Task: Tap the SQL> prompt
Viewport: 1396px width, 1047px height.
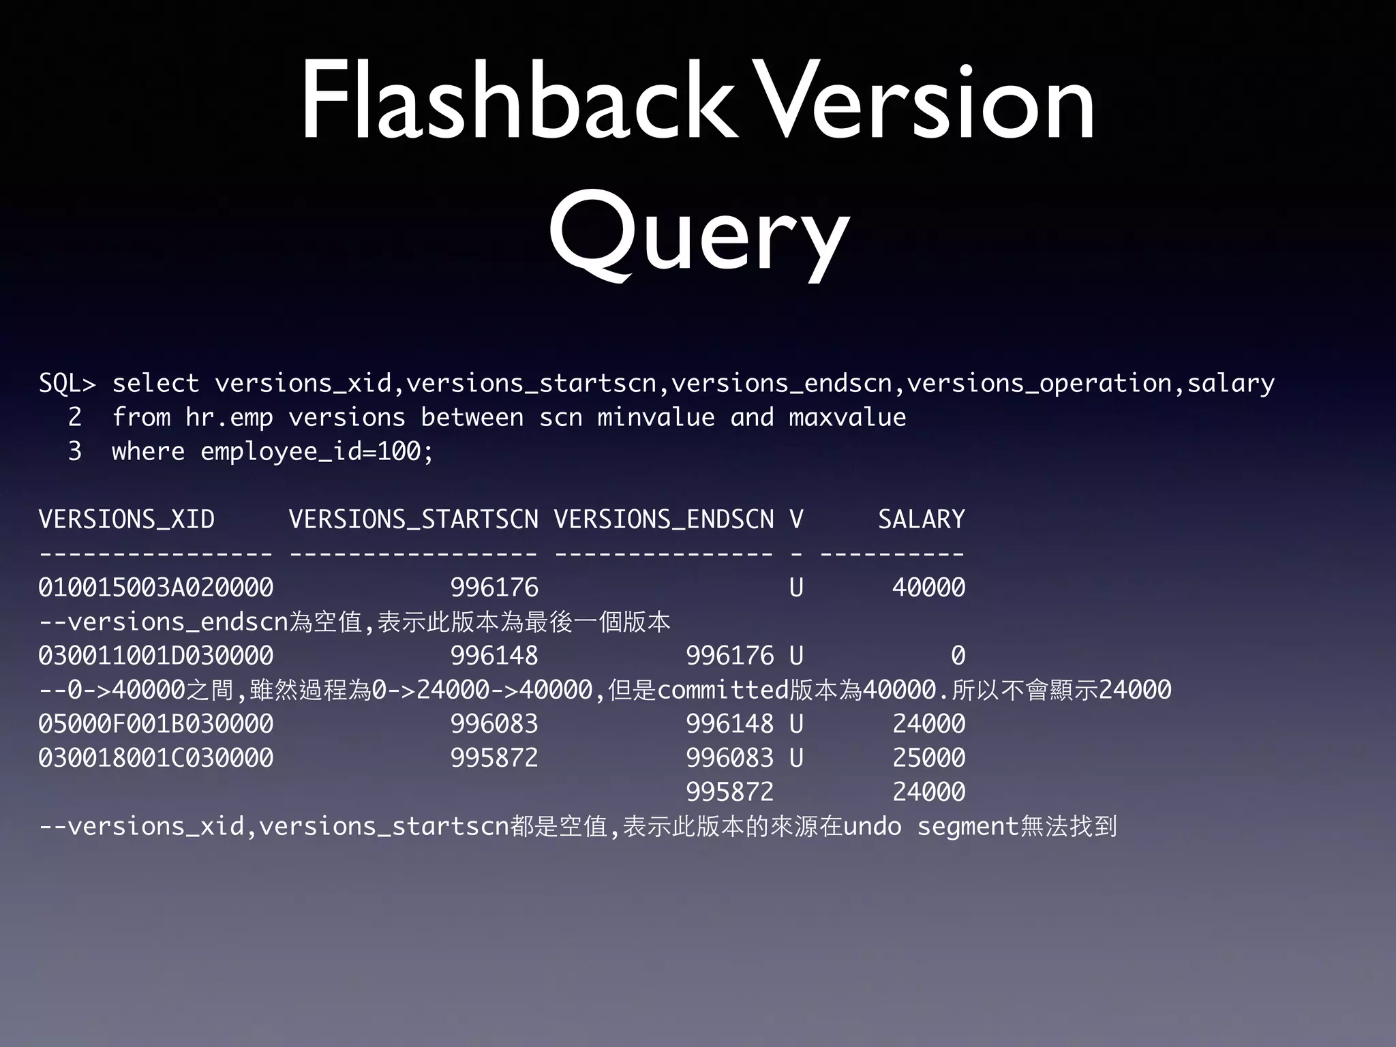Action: click(67, 383)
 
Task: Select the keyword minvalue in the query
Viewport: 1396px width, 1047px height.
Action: click(656, 417)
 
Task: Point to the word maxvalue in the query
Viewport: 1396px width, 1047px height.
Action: click(847, 417)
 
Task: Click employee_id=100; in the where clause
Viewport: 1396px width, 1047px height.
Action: click(317, 451)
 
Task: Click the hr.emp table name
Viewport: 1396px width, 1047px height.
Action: click(229, 417)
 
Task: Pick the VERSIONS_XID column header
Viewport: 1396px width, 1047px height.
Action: click(127, 519)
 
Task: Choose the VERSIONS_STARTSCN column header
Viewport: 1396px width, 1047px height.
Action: click(413, 519)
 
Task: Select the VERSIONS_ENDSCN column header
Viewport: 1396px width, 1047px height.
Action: click(663, 519)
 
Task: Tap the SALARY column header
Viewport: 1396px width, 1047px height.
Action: click(921, 519)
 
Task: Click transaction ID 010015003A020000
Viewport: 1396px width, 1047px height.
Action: click(155, 588)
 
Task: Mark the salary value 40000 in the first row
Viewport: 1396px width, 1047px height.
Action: click(928, 588)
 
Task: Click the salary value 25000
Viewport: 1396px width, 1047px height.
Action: click(928, 758)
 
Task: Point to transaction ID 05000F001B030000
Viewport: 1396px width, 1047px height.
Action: click(155, 724)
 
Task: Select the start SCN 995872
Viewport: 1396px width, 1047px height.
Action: click(494, 758)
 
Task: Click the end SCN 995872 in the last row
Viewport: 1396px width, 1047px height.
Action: click(729, 792)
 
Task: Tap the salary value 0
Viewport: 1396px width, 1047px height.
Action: click(958, 656)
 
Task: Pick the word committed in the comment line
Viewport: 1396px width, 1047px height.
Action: click(723, 690)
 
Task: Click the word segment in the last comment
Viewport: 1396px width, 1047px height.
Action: click(967, 827)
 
